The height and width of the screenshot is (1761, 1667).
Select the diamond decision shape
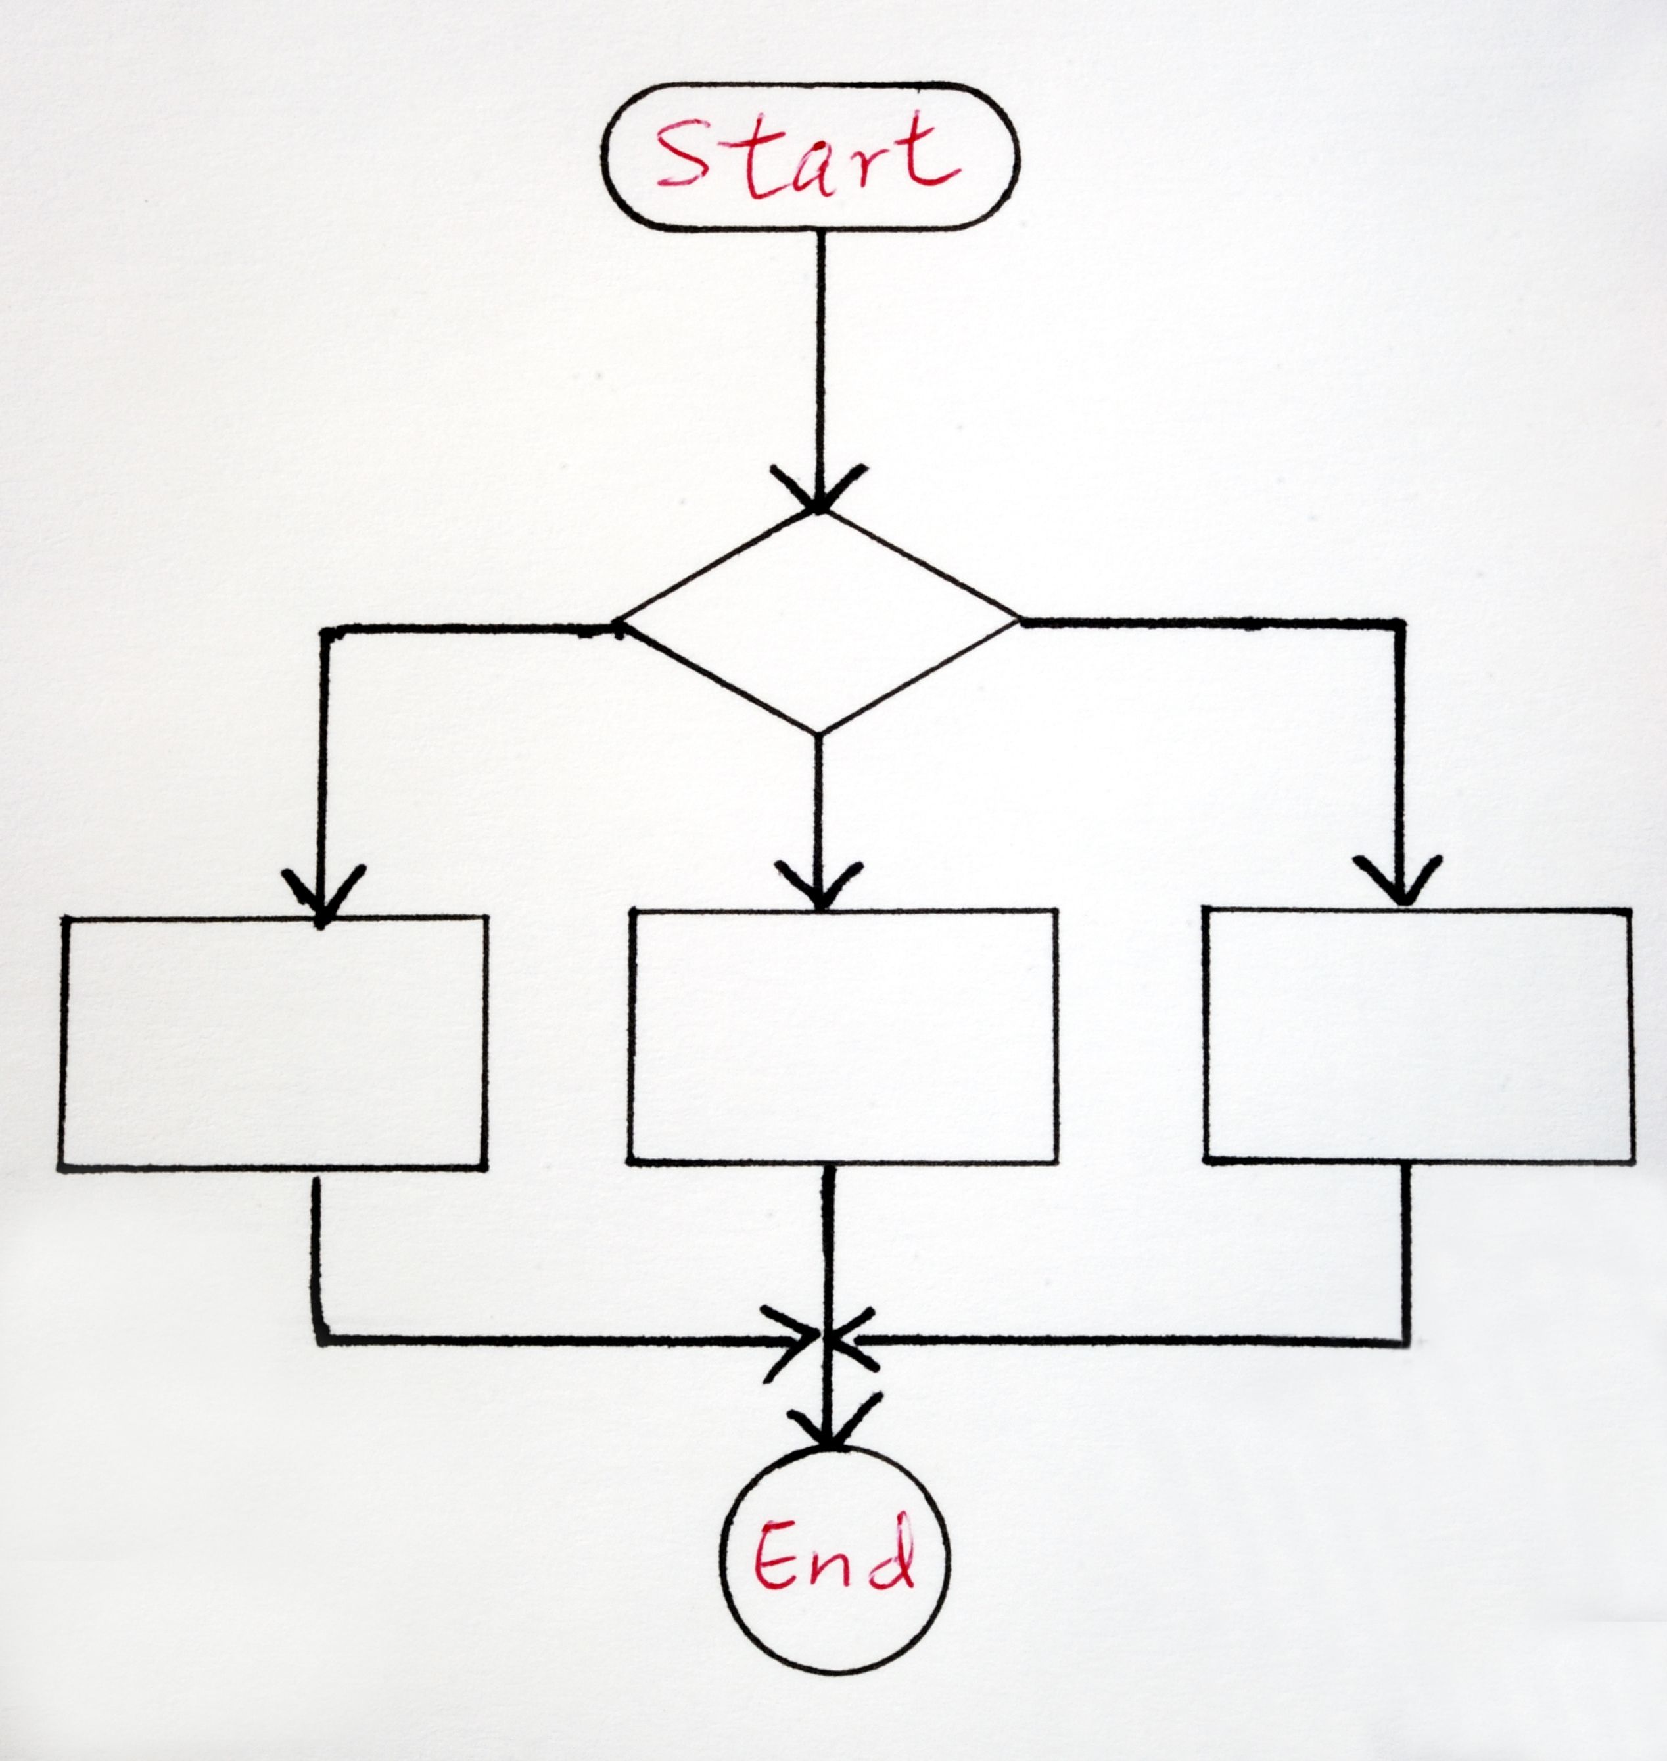(819, 622)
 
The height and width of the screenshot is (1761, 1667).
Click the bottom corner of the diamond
(818, 734)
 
